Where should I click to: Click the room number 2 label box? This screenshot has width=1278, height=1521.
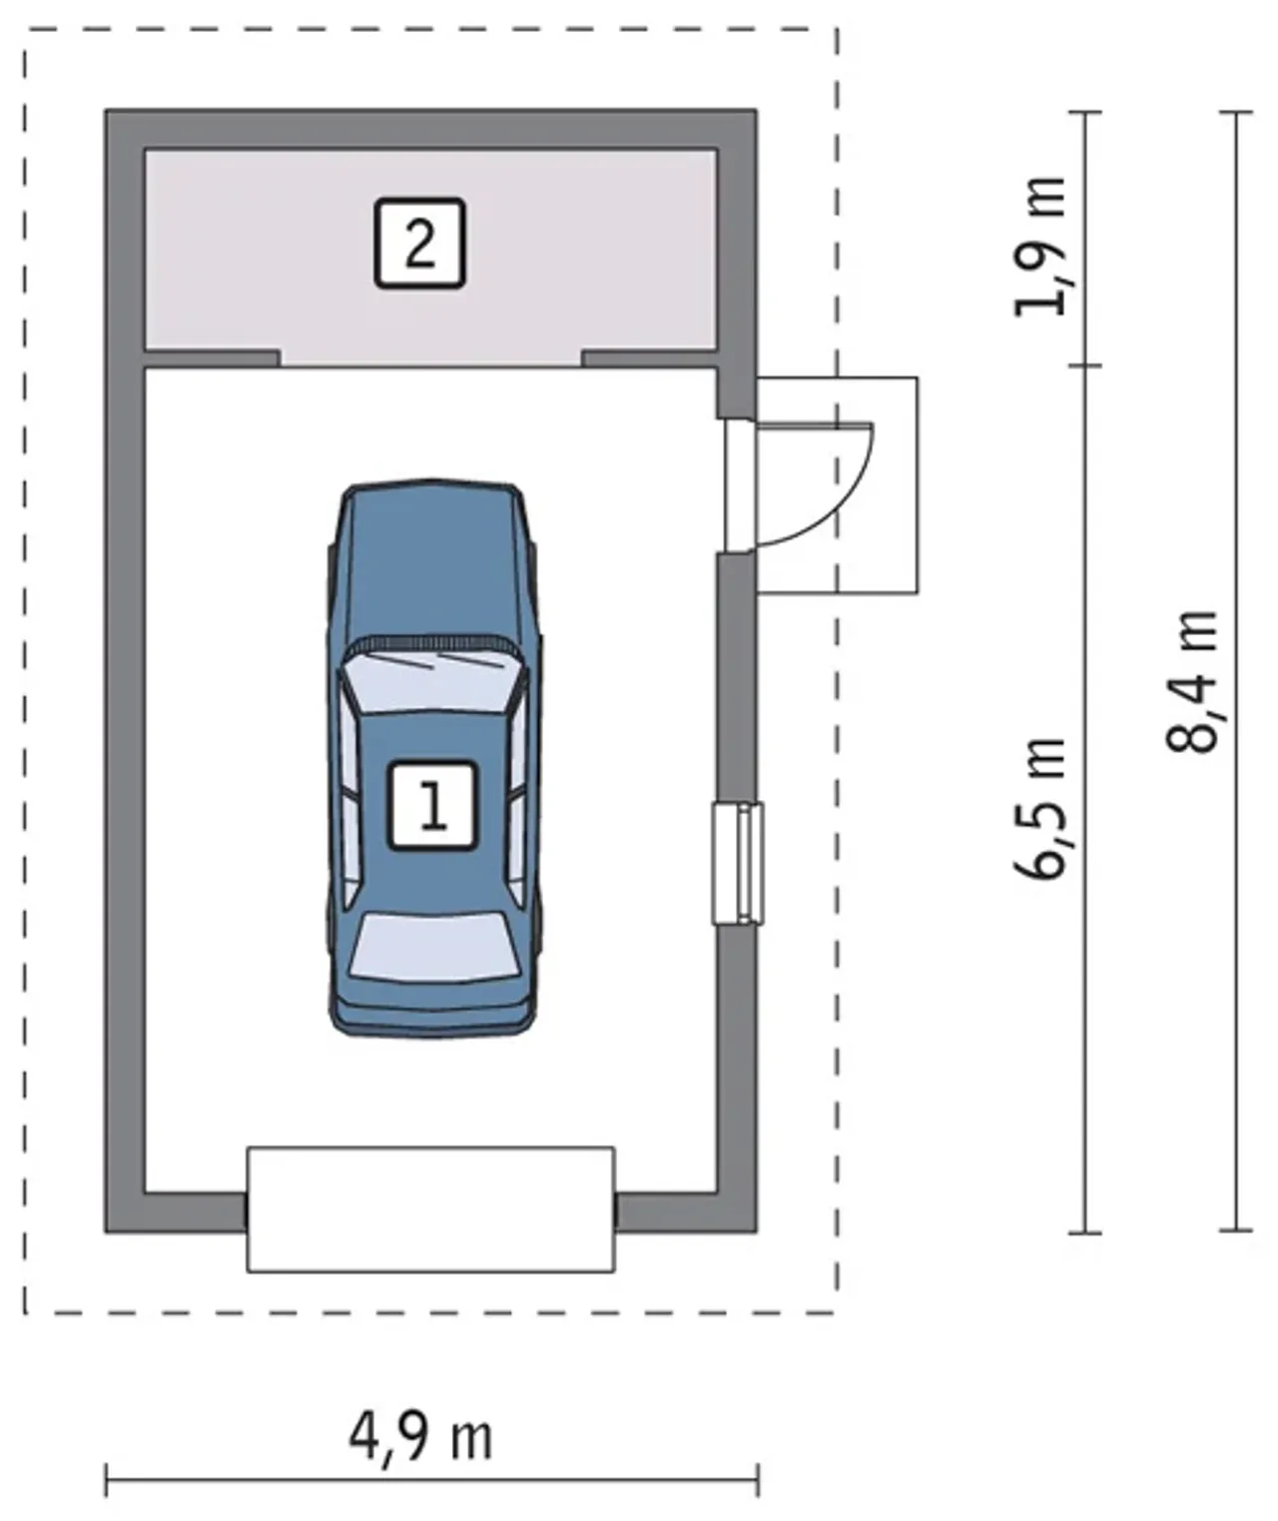[419, 244]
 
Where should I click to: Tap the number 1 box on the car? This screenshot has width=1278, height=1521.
[433, 806]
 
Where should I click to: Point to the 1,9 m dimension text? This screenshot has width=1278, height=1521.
[1041, 247]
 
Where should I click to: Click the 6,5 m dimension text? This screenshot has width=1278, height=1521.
[1041, 809]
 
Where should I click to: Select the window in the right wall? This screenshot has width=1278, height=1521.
[738, 863]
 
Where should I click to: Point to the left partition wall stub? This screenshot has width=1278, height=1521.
[212, 359]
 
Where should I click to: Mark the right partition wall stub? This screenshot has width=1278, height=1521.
[650, 359]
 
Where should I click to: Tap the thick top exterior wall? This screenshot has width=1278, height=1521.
[430, 129]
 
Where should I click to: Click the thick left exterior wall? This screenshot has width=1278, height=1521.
[125, 670]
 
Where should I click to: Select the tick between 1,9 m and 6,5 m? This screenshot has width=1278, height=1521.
[1085, 365]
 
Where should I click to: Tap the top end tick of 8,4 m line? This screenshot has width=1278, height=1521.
[1236, 112]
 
